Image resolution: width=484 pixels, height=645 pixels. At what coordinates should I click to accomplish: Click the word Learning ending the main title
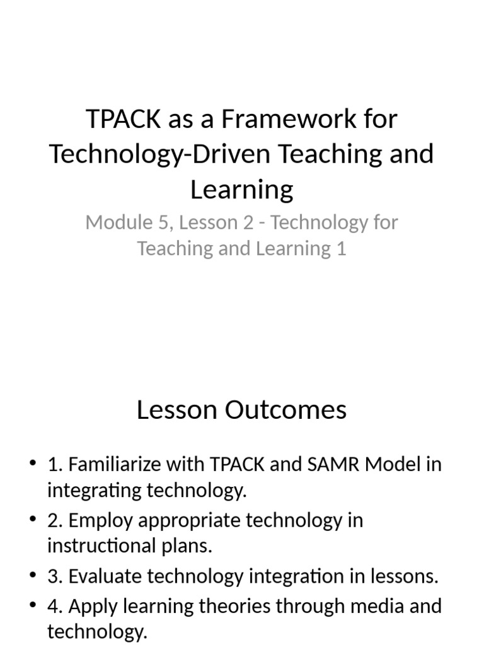coord(242,189)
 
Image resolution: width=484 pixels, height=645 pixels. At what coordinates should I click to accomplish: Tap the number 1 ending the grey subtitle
coord(341,248)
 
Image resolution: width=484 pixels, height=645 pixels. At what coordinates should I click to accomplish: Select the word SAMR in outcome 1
coord(317,465)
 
